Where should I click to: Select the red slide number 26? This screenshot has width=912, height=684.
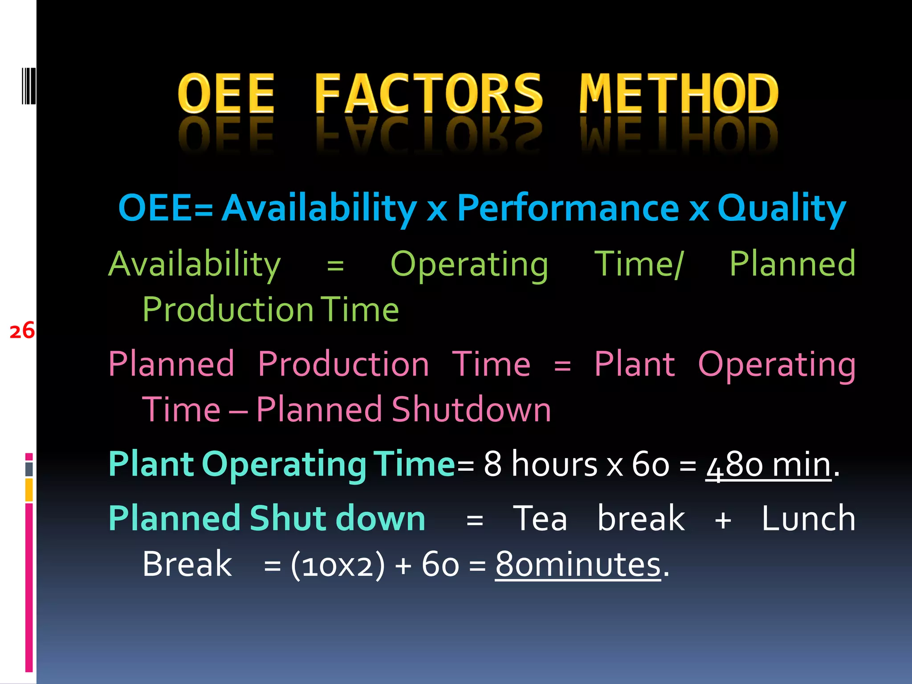pos(22,331)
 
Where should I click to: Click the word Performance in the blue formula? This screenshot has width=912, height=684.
pos(568,208)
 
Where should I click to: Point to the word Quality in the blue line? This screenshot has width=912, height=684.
pos(782,208)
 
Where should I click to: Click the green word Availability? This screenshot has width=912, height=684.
pos(195,265)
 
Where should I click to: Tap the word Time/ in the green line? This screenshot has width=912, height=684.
pos(639,265)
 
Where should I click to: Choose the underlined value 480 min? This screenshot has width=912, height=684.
pos(769,464)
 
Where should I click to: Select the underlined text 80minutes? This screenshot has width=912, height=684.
pos(578,565)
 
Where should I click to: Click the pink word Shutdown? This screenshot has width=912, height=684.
pos(471,409)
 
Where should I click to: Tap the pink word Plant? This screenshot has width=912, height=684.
pos(635,364)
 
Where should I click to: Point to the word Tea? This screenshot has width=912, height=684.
pos(540,519)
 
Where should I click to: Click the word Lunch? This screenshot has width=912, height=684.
pos(808,519)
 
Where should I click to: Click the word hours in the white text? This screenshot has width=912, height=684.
pos(554,464)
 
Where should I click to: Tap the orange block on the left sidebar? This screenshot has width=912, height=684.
pos(29,490)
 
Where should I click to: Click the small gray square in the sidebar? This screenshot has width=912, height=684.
pos(29,469)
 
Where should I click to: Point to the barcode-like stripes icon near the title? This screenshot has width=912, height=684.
pos(28,86)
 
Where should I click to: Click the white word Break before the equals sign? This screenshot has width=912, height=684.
pos(187,565)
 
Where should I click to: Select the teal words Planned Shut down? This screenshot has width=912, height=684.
pos(267,519)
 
